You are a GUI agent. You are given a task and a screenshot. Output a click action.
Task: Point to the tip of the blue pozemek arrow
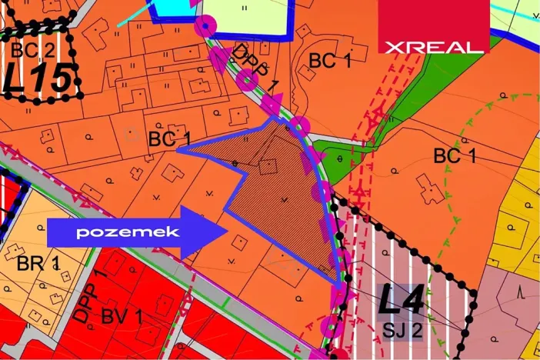click(226, 231)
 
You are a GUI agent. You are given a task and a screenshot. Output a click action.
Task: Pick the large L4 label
click(401, 301)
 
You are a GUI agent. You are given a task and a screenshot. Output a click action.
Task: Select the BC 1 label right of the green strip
click(455, 156)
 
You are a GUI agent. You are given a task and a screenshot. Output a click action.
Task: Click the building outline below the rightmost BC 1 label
click(431, 188)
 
